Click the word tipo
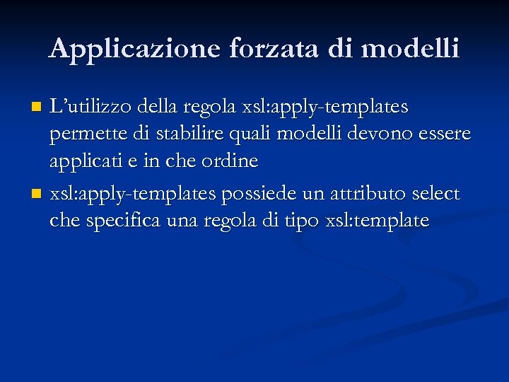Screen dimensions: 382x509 click(302, 221)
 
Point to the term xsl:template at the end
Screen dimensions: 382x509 click(377, 220)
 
